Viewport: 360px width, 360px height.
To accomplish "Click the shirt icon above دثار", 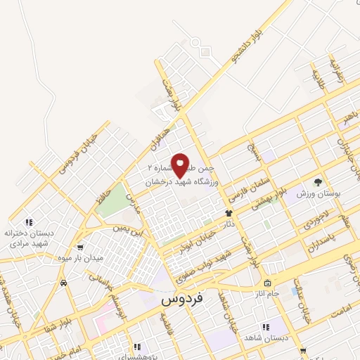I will [228, 212].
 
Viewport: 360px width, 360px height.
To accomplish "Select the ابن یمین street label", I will [131, 227].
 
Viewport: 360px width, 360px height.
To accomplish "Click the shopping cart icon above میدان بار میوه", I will [81, 247].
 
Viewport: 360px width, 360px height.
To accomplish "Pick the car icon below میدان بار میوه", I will [64, 283].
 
